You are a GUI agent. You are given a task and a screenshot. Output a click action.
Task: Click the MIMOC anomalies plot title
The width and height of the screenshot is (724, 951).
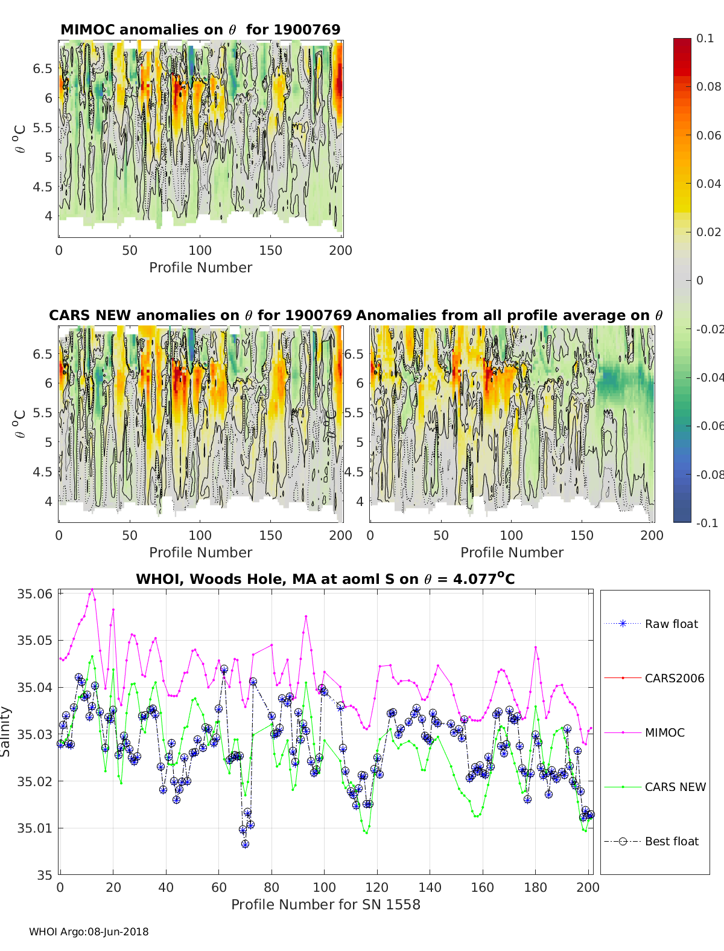pos(200,30)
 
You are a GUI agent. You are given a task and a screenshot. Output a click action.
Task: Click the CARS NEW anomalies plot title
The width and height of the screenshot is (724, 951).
pos(200,315)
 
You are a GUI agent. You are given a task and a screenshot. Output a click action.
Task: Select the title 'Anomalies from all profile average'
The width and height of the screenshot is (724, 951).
pos(509,315)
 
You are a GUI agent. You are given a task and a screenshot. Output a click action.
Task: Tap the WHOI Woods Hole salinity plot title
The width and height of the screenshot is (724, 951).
pos(325,579)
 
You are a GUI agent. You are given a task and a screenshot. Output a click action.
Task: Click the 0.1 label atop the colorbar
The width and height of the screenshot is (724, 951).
pos(705,38)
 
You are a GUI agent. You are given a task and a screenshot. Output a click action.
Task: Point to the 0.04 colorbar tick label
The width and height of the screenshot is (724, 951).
pos(708,184)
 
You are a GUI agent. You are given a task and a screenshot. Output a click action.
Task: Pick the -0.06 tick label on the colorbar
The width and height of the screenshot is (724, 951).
pos(710,426)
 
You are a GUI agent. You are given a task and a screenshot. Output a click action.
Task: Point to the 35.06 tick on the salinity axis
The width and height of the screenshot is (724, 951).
pos(34,594)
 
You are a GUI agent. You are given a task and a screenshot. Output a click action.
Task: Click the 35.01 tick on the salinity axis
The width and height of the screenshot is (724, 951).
pos(34,828)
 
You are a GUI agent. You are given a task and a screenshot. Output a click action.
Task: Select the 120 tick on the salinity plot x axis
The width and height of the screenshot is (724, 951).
pos(376,887)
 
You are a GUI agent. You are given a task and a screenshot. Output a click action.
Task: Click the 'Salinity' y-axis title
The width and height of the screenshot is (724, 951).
pos(6,732)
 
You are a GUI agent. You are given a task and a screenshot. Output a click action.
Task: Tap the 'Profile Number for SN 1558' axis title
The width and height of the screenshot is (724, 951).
pos(325,905)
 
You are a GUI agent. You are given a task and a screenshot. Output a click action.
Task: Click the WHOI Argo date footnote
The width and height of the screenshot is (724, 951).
pos(89,932)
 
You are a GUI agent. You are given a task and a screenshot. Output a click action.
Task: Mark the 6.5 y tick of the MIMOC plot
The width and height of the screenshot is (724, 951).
pos(42,68)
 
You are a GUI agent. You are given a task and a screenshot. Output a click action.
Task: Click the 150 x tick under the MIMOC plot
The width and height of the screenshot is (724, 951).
pos(270,250)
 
